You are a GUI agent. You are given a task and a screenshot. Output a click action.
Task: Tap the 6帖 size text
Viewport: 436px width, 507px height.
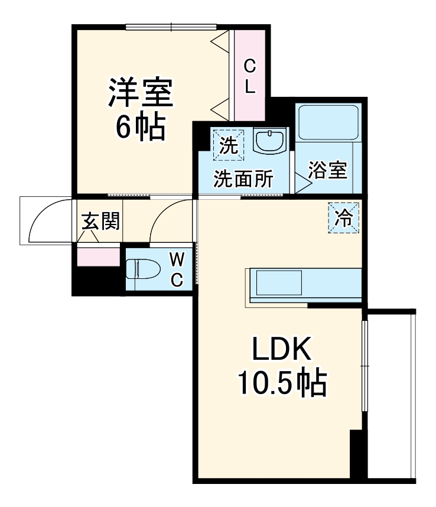[x=140, y=127]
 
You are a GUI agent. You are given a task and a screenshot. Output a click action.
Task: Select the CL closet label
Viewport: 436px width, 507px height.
[x=250, y=76]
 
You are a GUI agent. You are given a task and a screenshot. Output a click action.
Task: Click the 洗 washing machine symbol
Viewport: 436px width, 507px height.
[x=227, y=144]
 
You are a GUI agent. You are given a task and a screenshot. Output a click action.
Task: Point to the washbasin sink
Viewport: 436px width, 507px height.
[x=269, y=142]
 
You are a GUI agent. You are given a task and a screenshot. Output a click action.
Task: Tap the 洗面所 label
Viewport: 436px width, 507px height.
[x=243, y=179]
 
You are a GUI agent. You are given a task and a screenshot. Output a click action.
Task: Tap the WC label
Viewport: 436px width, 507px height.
[x=177, y=269]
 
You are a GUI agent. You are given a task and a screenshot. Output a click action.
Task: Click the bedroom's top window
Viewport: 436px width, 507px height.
[x=171, y=26]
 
